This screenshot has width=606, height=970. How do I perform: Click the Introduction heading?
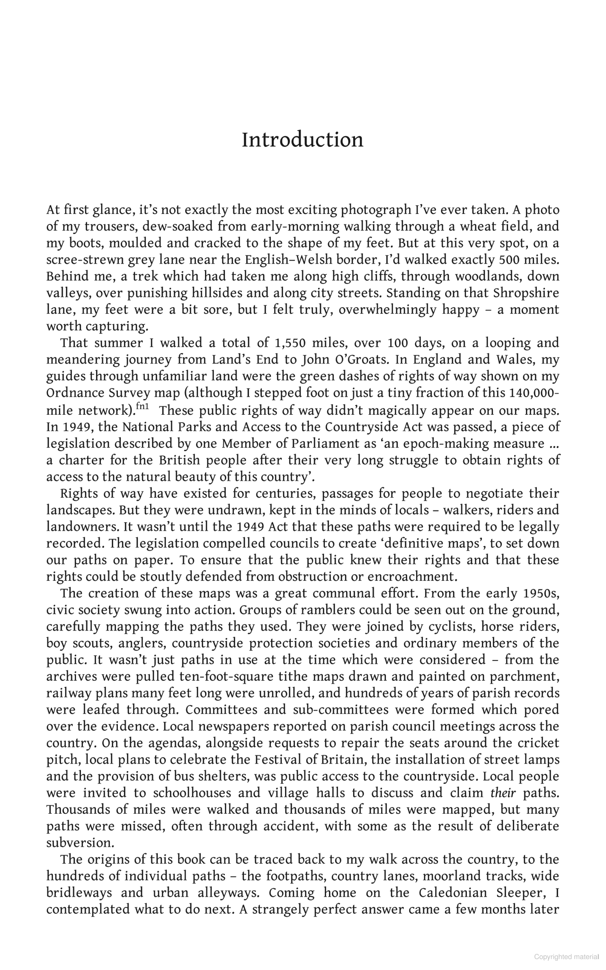pyautogui.click(x=303, y=140)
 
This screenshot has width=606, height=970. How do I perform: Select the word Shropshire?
pyautogui.click(x=526, y=293)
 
